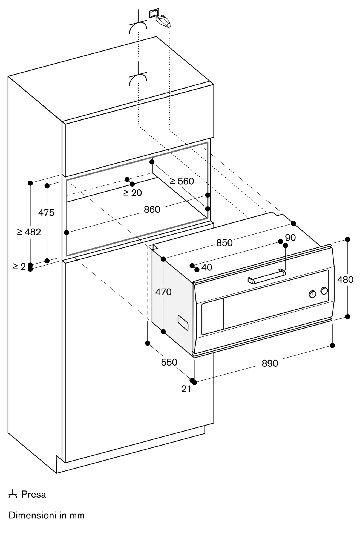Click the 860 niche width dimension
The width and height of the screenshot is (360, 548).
tap(152, 210)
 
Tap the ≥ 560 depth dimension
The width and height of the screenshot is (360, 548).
tap(182, 181)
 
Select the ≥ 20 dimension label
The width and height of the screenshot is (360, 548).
tap(133, 193)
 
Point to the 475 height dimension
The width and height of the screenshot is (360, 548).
tap(46, 213)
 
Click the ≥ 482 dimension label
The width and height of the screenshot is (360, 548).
tap(29, 232)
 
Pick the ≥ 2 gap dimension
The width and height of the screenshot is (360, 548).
tap(19, 266)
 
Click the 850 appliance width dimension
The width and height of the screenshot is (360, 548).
tap(224, 243)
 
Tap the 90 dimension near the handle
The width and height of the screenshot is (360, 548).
tap(290, 238)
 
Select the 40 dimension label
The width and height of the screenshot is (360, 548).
tap(207, 267)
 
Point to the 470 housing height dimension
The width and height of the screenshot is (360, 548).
tap(163, 292)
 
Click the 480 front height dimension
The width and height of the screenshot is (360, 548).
tap(345, 280)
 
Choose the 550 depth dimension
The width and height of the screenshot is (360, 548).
tap(169, 362)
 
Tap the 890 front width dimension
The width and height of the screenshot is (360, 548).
tap(270, 363)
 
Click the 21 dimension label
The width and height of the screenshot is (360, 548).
tap(186, 389)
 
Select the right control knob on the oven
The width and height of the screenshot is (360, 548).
tap(324, 291)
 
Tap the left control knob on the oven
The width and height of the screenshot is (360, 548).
tap(312, 294)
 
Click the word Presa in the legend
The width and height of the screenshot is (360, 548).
tap(34, 495)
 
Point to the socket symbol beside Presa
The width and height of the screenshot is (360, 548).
tap(13, 495)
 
